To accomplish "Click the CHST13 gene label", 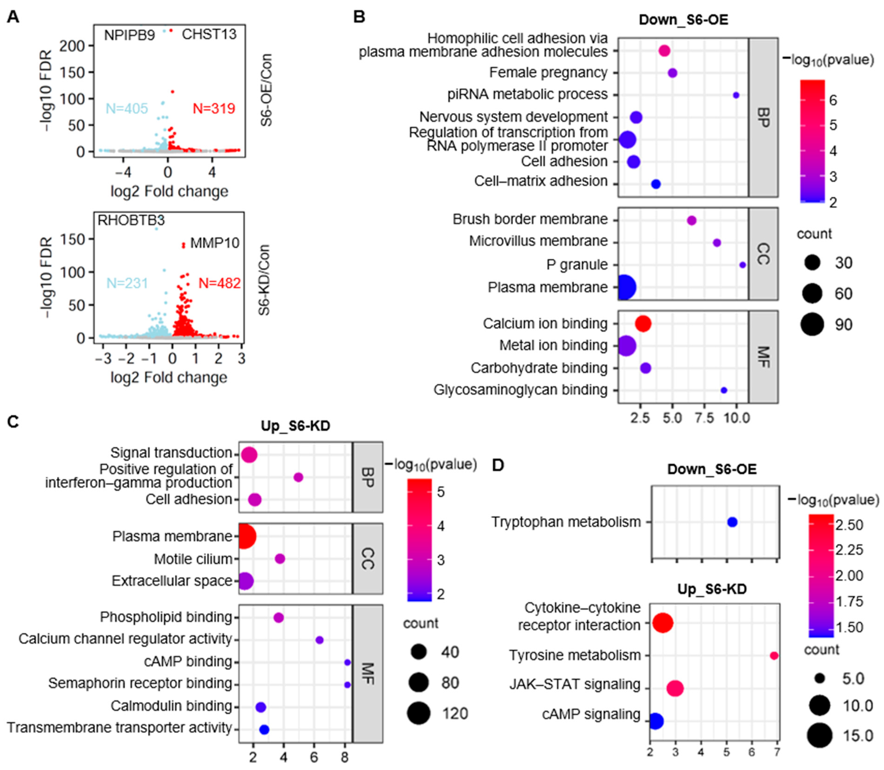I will coord(209,34).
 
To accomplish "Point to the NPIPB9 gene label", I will coord(129,35).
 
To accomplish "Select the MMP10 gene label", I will coord(215,243).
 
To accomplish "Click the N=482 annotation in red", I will coord(219,283).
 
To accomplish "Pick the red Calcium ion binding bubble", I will coord(643,324).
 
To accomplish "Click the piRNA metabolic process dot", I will coord(736,95).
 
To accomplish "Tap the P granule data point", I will coord(743,265).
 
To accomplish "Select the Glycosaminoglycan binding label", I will coord(521,390).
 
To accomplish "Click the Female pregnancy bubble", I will coord(673,73).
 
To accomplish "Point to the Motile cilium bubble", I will coord(280,559).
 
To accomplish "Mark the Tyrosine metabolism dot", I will coord(774,656).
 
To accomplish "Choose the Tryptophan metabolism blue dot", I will coord(732,522).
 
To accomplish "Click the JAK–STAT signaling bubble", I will coord(675,688).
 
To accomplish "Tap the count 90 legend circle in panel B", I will coord(812,324).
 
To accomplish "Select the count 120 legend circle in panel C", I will coord(419,713).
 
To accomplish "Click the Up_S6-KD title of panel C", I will coord(296,426).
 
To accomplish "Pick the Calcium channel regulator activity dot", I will coord(319,640).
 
